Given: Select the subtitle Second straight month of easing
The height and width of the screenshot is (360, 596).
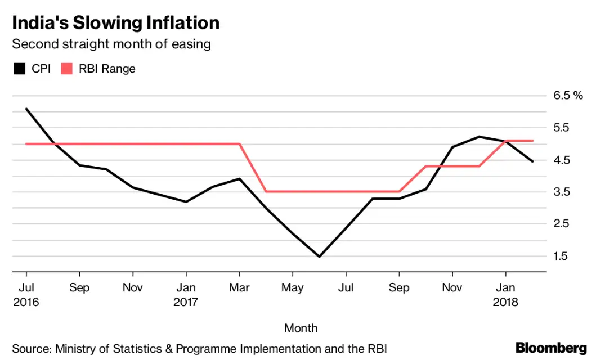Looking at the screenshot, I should (111, 44).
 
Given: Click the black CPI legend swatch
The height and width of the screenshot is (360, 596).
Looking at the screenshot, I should (20, 69).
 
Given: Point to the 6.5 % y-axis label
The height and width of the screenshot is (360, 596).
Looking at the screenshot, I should (568, 96).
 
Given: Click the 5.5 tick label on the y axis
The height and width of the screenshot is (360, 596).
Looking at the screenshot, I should (562, 128).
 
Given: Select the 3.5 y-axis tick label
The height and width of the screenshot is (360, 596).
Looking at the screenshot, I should (562, 192).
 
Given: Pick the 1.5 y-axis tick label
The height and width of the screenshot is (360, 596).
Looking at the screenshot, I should (562, 256).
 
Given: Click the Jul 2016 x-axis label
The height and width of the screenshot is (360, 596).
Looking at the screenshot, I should (26, 294).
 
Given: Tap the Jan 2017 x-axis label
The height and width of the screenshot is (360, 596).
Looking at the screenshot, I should (186, 294).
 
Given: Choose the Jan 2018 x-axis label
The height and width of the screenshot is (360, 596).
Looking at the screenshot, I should (505, 294).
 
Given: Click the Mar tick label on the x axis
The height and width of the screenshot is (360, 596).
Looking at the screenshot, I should (240, 287).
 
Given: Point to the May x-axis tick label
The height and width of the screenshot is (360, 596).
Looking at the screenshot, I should (293, 287).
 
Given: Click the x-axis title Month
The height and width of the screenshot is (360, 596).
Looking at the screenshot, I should (301, 328).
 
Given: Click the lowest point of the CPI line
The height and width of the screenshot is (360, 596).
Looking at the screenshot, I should (320, 256).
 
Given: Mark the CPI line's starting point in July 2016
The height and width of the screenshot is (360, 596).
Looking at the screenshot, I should (26, 109).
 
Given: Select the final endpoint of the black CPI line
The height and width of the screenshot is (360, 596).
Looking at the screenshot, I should (532, 161).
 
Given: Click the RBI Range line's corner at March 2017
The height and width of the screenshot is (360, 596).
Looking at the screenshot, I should (240, 144).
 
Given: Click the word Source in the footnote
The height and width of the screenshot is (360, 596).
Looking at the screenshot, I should (30, 348).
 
